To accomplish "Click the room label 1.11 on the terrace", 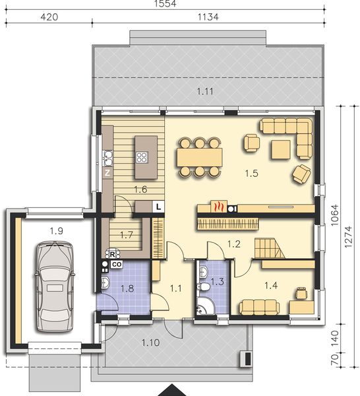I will click(x=205, y=90).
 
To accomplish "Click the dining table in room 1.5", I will click(x=198, y=157).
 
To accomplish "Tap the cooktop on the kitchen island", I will click(x=141, y=157).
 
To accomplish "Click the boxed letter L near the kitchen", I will click(x=158, y=207).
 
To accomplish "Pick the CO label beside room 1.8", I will click(x=116, y=264).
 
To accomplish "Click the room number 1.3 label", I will click(x=217, y=282).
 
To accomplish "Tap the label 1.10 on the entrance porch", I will click(x=151, y=342).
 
